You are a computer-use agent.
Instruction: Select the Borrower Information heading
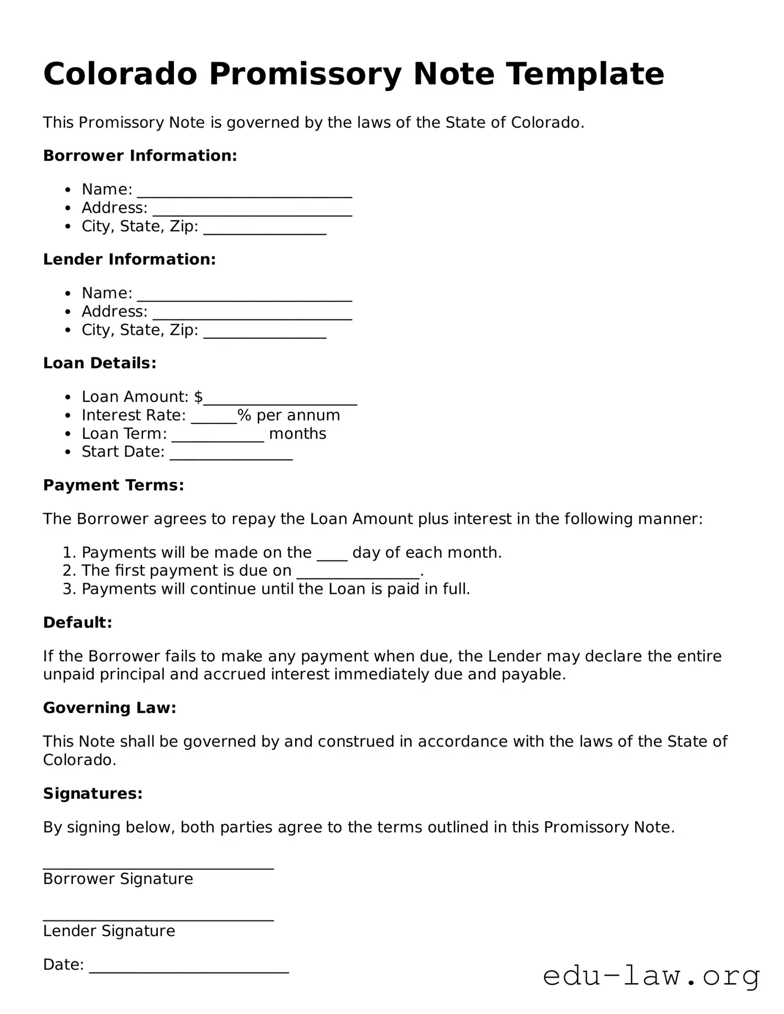click(x=140, y=156)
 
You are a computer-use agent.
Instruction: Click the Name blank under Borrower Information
click(x=244, y=191)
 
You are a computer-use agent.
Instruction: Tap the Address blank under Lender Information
click(x=252, y=313)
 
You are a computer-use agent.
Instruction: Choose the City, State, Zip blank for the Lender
click(x=265, y=332)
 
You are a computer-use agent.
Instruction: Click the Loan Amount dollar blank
click(x=280, y=399)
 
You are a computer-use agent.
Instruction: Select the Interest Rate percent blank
click(x=214, y=417)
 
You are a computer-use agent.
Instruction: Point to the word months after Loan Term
click(x=297, y=433)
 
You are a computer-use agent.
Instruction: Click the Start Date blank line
click(x=231, y=453)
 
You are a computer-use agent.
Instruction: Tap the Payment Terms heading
click(x=114, y=485)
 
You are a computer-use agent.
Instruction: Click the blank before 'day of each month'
click(x=332, y=554)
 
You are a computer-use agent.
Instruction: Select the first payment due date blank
click(x=358, y=572)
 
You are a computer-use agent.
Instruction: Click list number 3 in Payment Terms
click(x=69, y=589)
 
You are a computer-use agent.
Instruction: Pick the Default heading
click(x=78, y=623)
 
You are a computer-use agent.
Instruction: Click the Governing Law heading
click(x=110, y=708)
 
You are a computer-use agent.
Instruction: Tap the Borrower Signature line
click(x=158, y=864)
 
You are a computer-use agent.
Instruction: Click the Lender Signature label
click(x=109, y=931)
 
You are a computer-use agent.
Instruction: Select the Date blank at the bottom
click(x=189, y=966)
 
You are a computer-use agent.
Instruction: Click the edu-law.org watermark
click(x=651, y=976)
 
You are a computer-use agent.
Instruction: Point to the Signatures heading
click(x=93, y=794)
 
